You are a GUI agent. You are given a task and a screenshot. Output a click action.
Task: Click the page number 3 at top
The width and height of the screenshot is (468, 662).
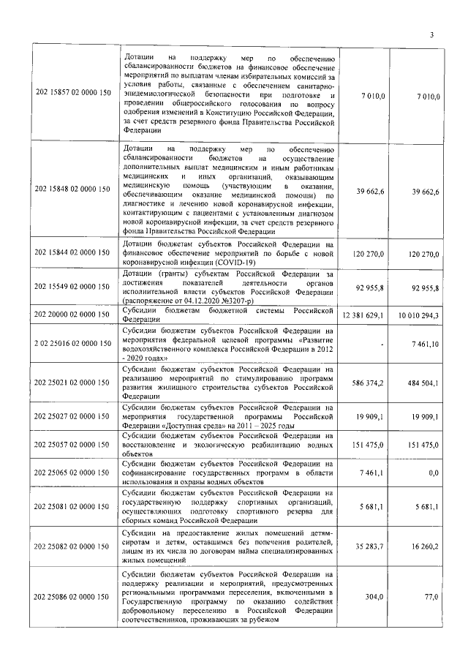[431, 35]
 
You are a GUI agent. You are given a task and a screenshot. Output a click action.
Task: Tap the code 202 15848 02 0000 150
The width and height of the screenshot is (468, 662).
[73, 189]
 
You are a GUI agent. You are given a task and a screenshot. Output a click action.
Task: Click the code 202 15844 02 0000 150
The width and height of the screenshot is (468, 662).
[73, 252]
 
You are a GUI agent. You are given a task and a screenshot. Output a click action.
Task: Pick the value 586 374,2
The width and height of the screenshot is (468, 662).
[369, 383]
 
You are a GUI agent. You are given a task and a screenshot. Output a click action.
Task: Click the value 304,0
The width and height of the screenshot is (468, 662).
[374, 597]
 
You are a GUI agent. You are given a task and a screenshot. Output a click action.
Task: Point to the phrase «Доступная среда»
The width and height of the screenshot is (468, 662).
[185, 426]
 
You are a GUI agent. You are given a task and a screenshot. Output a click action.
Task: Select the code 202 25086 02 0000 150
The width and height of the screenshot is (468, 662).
[73, 598]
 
